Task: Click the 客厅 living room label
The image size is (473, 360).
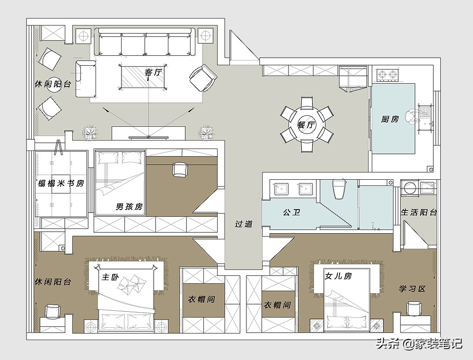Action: click(x=153, y=73)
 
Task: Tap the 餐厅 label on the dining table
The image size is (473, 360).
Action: click(x=306, y=124)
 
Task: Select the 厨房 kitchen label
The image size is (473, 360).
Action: click(x=390, y=119)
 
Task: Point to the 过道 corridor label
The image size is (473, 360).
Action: click(x=244, y=224)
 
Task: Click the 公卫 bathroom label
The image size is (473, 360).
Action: click(x=291, y=212)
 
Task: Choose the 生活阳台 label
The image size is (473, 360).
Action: click(x=419, y=212)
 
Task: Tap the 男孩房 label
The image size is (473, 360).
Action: click(x=130, y=207)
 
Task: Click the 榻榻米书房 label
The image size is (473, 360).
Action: click(x=61, y=183)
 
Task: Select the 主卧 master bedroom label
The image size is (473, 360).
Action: click(x=110, y=277)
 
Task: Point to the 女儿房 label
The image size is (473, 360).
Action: click(x=338, y=276)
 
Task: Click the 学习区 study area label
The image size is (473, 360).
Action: click(x=412, y=289)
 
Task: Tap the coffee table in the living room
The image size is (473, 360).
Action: click(x=143, y=77)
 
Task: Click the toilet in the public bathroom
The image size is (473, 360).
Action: click(x=339, y=189)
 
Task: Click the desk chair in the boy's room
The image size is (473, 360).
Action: click(x=180, y=169)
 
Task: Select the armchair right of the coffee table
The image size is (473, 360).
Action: click(x=203, y=79)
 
